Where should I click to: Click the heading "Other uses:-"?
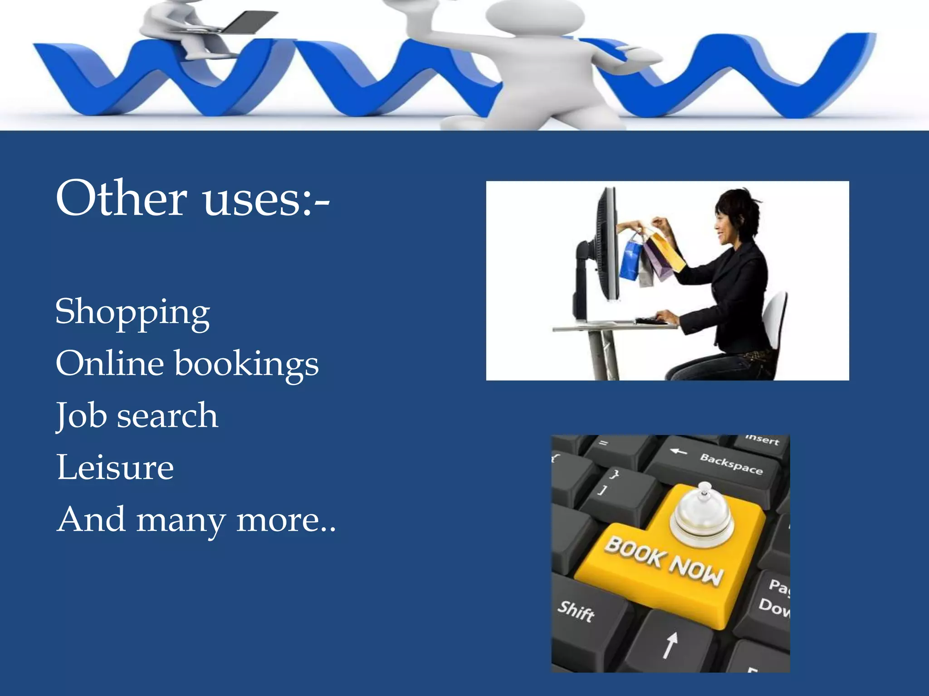(193, 198)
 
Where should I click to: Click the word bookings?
(247, 364)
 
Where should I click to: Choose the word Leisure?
(115, 467)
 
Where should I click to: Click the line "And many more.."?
(196, 520)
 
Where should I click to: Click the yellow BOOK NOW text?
(663, 561)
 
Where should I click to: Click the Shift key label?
(576, 611)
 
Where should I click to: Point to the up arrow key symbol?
(670, 644)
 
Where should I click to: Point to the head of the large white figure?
(535, 16)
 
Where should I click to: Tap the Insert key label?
(762, 439)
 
